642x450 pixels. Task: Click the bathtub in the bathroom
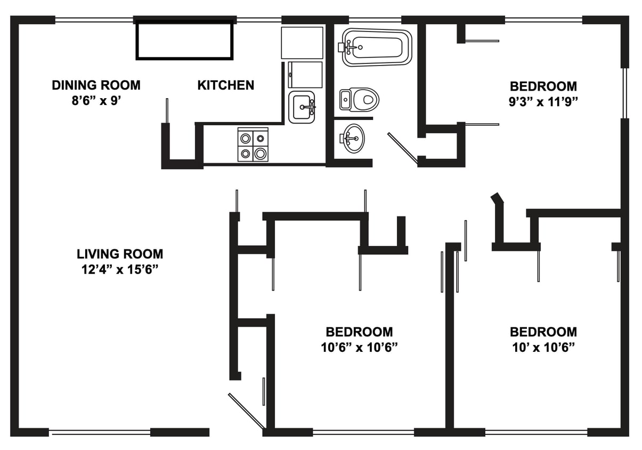377,47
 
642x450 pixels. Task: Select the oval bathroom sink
352,138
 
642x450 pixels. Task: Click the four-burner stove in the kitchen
253,145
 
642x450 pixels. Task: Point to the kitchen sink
302,107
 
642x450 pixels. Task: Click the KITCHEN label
225,85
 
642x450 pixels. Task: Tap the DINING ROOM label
96,85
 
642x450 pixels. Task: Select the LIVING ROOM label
120,254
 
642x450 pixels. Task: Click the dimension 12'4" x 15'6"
120,269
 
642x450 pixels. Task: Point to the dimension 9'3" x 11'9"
543,102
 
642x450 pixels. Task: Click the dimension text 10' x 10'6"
543,348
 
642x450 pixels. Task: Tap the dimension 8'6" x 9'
96,100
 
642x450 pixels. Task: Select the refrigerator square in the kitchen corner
302,43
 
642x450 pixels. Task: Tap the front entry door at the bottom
246,411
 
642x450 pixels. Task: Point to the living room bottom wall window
100,432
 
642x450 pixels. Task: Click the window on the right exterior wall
625,93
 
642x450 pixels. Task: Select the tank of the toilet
345,99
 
